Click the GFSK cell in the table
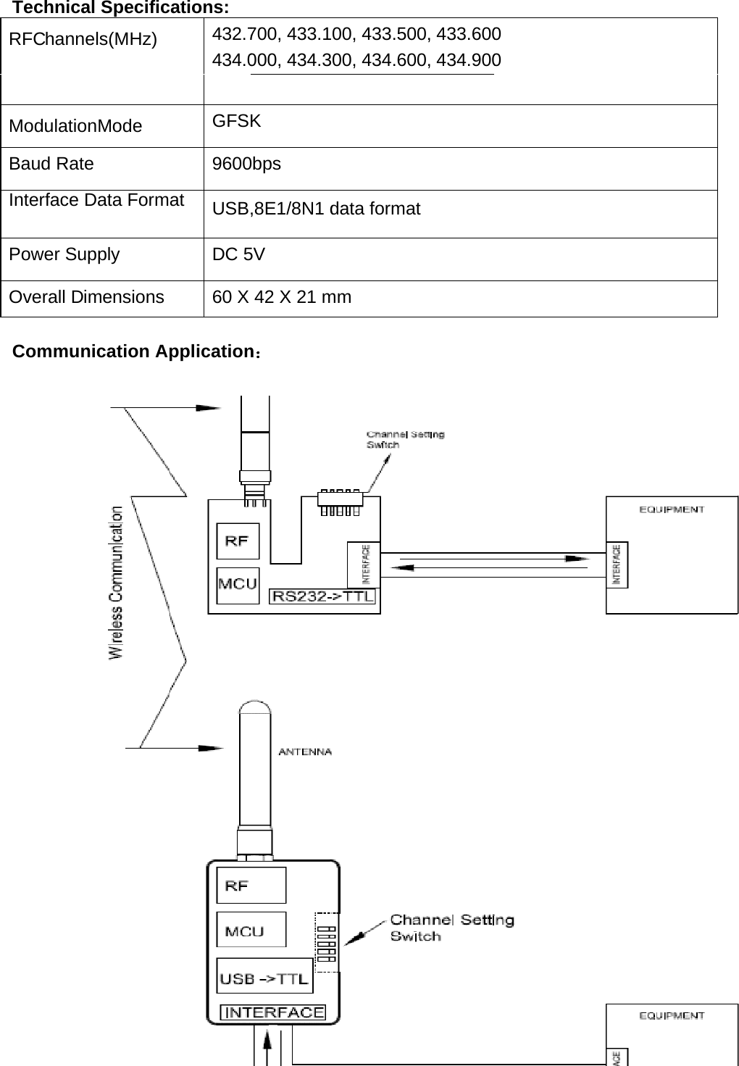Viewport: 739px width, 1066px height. [237, 121]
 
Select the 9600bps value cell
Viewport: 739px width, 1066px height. [246, 165]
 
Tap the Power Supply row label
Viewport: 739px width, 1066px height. [64, 254]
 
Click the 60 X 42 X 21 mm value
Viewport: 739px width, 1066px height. [282, 297]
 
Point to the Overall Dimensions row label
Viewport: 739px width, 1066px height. [87, 297]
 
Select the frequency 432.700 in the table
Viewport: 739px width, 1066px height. [247, 34]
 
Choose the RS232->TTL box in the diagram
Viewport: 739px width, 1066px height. [323, 596]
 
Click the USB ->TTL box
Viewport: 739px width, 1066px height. [264, 979]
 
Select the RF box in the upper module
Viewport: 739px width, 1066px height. [238, 541]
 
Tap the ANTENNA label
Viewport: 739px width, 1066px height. [305, 751]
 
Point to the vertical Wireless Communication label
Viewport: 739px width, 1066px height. [116, 583]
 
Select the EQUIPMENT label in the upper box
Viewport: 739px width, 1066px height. [672, 509]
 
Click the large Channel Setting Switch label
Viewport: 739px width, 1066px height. [451, 928]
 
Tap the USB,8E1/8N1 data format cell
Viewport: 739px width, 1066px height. [317, 209]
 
